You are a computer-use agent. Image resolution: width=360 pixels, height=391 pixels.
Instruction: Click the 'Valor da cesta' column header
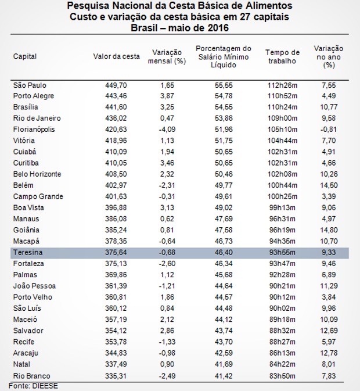(x=116, y=56)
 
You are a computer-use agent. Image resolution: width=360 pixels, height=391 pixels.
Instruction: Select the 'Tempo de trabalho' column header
(x=282, y=56)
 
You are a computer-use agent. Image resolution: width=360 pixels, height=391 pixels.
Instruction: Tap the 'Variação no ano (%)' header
(x=329, y=57)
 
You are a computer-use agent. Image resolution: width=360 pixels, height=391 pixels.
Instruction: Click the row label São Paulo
(x=30, y=85)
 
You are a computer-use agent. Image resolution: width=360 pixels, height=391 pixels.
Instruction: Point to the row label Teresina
(x=28, y=252)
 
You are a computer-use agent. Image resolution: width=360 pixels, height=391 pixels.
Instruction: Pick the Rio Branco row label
(x=31, y=376)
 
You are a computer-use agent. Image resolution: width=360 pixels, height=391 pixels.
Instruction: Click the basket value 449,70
(x=116, y=85)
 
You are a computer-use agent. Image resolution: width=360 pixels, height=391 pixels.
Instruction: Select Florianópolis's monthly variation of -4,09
(x=167, y=130)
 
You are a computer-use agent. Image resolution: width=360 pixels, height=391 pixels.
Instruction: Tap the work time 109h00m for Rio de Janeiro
(x=282, y=118)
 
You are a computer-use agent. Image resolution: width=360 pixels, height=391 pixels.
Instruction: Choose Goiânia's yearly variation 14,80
(x=329, y=230)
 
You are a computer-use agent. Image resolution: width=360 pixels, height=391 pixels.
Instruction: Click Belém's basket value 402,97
(x=116, y=185)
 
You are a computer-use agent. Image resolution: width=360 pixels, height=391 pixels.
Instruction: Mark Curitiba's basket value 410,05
(x=116, y=163)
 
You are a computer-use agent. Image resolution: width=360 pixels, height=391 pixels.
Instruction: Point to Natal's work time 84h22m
(x=282, y=364)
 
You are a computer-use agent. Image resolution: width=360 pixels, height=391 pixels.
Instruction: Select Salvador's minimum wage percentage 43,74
(x=224, y=331)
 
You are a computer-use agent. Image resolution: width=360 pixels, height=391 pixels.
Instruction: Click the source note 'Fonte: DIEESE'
(x=33, y=386)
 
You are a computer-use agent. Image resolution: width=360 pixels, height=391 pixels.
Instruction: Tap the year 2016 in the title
(x=217, y=27)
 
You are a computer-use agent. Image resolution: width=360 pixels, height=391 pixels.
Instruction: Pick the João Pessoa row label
(x=34, y=286)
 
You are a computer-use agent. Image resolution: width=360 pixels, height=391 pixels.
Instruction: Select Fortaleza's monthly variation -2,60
(x=167, y=264)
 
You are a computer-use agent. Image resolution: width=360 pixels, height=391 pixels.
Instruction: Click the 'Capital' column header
(x=25, y=56)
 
